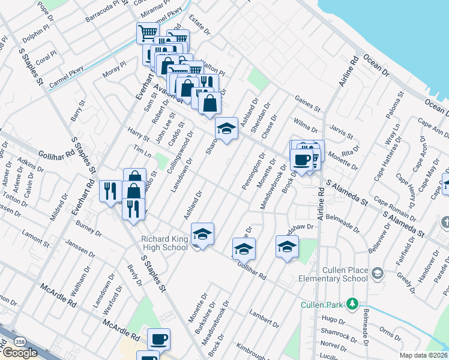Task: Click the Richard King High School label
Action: pyautogui.click(x=164, y=243)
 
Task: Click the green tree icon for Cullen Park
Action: pyautogui.click(x=355, y=304)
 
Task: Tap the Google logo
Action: pyautogui.click(x=20, y=353)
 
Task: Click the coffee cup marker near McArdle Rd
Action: pyautogui.click(x=158, y=339)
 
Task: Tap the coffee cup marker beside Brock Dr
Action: pyautogui.click(x=301, y=160)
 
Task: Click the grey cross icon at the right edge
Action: pyautogui.click(x=444, y=223)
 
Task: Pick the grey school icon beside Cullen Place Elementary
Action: pyautogui.click(x=377, y=274)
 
